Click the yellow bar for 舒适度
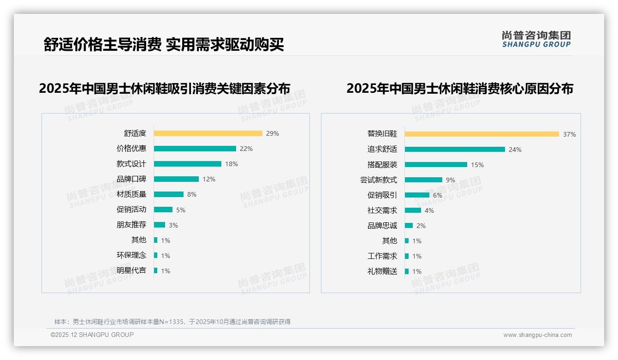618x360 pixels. point(208,133)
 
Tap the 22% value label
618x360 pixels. point(246,149)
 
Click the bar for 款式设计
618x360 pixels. point(187,164)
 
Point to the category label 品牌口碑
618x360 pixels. point(131,179)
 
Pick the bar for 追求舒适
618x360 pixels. point(455,149)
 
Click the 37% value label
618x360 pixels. point(569,134)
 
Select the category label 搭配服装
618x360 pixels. point(382,164)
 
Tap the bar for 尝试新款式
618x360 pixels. point(423,180)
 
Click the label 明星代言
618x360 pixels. point(131,270)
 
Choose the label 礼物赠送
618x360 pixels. point(382,271)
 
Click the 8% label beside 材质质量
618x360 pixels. point(192,194)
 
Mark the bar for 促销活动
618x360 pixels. point(163,210)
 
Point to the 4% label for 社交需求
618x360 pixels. point(429,210)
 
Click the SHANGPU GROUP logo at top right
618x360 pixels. point(536,39)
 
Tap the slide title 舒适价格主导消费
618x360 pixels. point(102,44)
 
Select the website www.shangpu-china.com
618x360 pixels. point(537,335)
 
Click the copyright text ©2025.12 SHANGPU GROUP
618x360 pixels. point(92,335)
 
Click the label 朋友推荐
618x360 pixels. point(131,225)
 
